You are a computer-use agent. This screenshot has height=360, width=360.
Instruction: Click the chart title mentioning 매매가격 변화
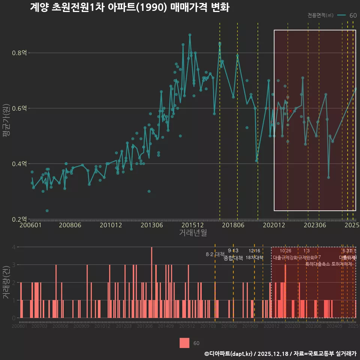coord(129,7)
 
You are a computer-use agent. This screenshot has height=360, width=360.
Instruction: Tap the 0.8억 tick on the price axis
coord(19,53)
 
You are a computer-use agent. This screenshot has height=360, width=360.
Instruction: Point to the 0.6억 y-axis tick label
coord(19,108)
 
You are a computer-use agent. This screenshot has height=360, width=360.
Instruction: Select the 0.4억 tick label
coord(19,164)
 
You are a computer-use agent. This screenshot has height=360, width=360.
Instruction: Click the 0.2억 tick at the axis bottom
coord(19,219)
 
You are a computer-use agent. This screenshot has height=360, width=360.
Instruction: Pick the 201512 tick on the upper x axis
coord(193,225)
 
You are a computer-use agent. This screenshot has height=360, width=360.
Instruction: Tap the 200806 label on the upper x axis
coord(70,225)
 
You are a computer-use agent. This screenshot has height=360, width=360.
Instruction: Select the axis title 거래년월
coord(193,233)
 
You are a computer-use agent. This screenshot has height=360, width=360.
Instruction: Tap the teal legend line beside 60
coord(341,15)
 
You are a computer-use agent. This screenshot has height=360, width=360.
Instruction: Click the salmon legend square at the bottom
coord(184,343)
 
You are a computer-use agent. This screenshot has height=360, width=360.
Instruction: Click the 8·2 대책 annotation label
coord(215,254)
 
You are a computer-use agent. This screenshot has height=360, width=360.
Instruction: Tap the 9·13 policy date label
coord(233,251)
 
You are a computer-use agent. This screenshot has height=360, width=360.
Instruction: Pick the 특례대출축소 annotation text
coord(317,264)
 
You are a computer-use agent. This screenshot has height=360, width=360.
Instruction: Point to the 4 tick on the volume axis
coord(13,247)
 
